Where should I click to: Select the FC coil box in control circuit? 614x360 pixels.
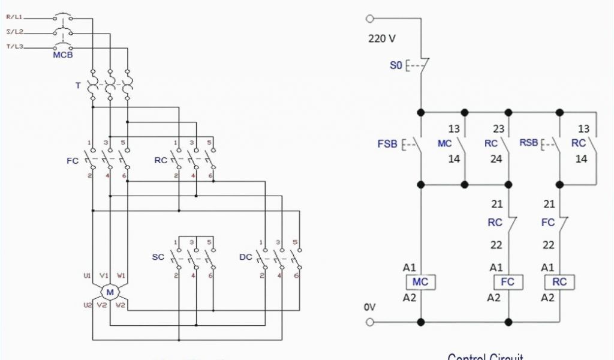pos(507,282)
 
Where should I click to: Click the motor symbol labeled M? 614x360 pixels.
pos(110,292)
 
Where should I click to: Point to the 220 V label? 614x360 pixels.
pos(381,39)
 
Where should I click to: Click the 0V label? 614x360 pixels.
pos(369,307)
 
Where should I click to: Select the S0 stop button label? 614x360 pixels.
pos(396,65)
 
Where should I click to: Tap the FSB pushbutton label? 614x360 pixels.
pos(387,144)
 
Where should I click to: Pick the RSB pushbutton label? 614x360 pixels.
pos(528,144)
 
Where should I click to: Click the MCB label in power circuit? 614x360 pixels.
pos(63,55)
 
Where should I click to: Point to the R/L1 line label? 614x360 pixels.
pos(14,17)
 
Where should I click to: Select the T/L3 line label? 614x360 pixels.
pos(14,46)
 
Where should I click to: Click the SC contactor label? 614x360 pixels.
pos(158,257)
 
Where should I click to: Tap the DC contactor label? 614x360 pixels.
pos(245,257)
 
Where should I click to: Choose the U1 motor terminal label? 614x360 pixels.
pos(88,276)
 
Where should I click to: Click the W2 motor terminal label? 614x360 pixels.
pos(121,305)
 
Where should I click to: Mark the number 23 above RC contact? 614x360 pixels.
pos(498,128)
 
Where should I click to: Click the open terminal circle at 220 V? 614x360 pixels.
pos(370,19)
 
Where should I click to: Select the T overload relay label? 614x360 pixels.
pos(77,86)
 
